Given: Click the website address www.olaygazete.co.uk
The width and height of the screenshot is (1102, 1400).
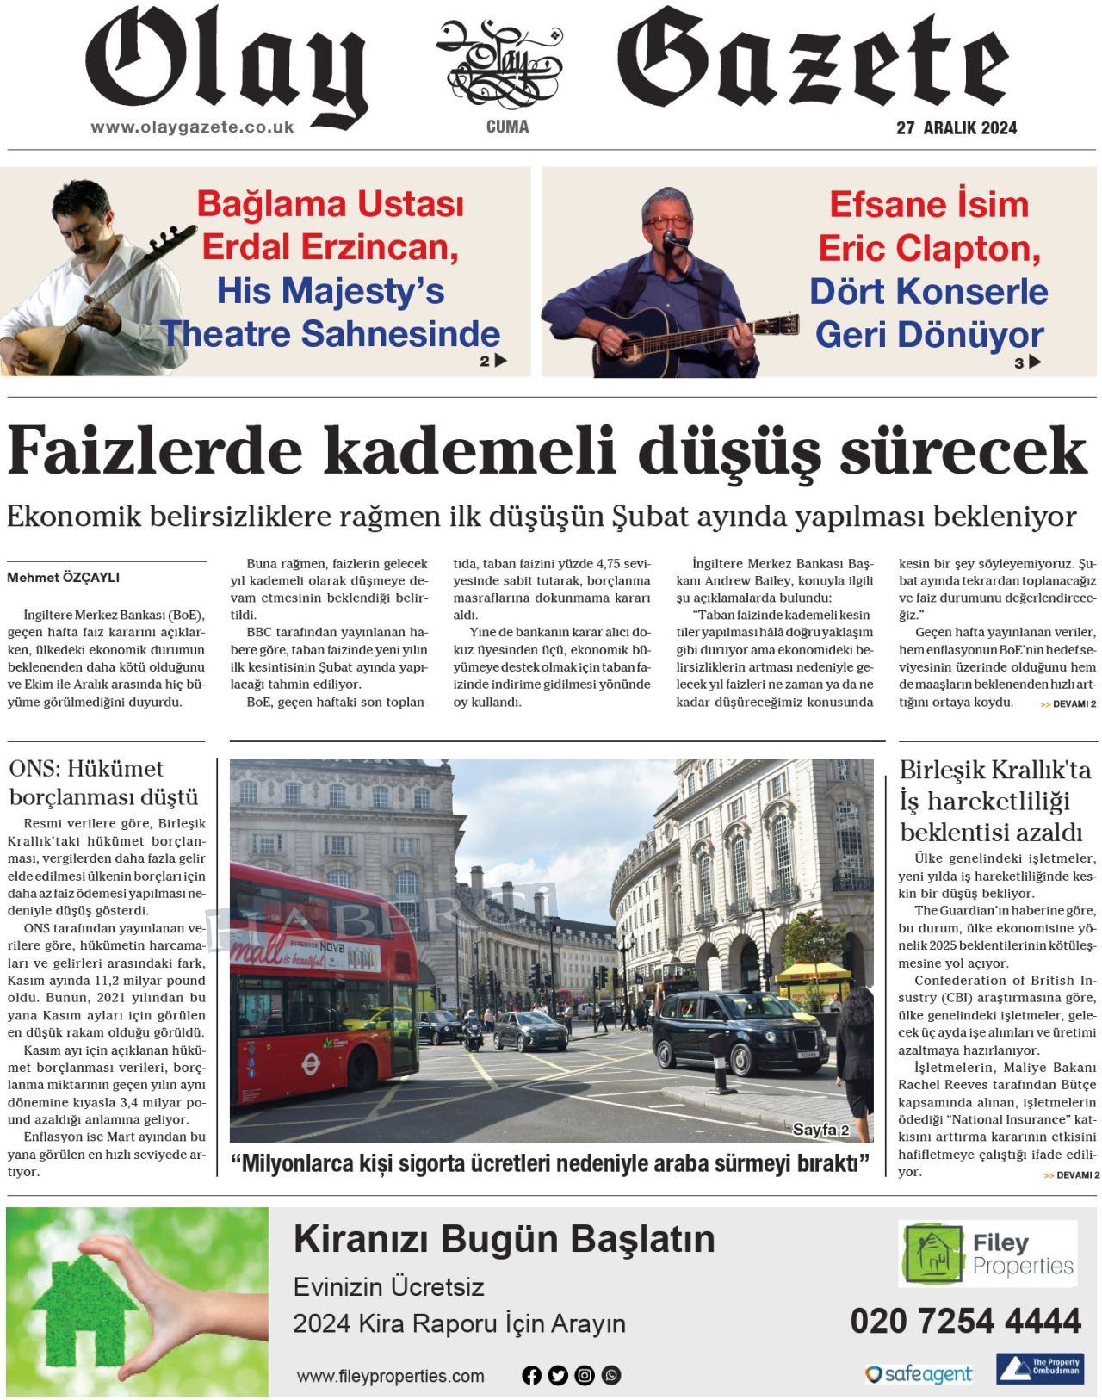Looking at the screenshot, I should (192, 127).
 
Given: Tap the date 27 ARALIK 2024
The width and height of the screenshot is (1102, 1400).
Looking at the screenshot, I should (956, 128).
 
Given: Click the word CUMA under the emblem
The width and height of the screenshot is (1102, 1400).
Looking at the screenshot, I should (507, 127).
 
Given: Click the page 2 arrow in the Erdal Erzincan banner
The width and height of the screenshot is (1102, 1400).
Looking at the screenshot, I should (500, 361).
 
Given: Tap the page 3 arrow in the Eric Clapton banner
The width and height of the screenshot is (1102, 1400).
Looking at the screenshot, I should (1034, 362).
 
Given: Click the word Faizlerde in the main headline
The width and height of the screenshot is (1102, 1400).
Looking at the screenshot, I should (155, 450).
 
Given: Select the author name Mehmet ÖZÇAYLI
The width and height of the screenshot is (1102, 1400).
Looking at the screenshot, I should (63, 578).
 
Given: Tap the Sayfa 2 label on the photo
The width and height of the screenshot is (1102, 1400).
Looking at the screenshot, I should (820, 1130).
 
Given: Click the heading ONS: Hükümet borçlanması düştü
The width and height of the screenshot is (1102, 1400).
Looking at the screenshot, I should (103, 783).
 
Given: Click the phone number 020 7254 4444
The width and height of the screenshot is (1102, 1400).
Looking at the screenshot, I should (965, 1321).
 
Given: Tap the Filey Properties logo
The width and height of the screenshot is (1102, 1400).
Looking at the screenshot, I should (987, 1254).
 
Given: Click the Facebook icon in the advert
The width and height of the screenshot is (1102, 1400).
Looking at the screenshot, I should (531, 1375).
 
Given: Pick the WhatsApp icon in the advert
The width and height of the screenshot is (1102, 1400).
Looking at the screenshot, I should (611, 1375).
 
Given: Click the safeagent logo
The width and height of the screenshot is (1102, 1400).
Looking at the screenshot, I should (919, 1373).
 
